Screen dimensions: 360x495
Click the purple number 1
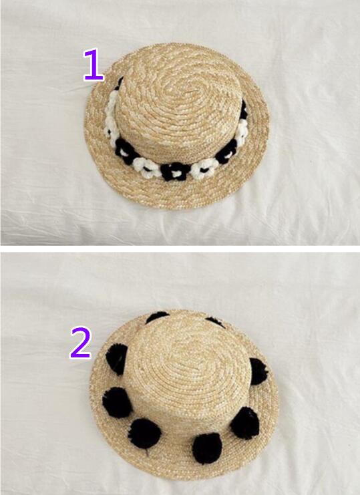(x=94, y=65)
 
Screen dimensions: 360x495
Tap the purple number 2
(x=81, y=343)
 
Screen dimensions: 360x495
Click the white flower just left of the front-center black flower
(x=147, y=167)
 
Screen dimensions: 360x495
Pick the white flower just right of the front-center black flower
(x=204, y=169)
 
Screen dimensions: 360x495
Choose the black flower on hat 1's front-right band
(x=226, y=152)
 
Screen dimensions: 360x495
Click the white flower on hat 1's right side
(x=242, y=132)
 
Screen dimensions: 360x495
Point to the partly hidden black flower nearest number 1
(x=119, y=84)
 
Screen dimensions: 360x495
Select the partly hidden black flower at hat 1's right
(x=243, y=110)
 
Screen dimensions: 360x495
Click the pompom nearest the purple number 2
(x=117, y=359)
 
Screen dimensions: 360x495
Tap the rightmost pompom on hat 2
(x=258, y=371)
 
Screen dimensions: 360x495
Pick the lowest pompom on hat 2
(x=207, y=448)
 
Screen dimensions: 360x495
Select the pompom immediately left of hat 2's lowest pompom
(x=144, y=433)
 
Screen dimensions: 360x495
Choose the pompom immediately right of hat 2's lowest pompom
(x=245, y=423)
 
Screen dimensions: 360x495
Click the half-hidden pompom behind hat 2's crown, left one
(x=157, y=316)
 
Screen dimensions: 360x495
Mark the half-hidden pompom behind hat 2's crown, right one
(x=216, y=322)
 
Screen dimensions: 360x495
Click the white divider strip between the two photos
(x=180, y=249)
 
